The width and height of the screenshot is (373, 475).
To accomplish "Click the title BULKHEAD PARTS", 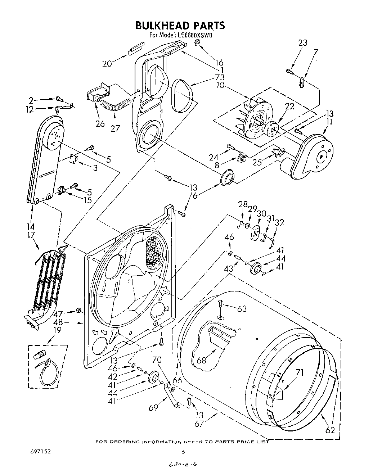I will click(x=180, y=25).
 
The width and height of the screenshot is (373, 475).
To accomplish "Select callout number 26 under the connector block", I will click(x=100, y=123).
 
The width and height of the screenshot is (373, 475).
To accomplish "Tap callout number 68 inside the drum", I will click(x=201, y=359).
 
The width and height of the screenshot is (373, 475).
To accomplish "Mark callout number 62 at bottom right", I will click(x=330, y=430).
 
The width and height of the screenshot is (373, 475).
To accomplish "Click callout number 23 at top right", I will click(x=303, y=42).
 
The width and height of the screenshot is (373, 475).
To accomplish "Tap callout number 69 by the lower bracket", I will click(x=153, y=408).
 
